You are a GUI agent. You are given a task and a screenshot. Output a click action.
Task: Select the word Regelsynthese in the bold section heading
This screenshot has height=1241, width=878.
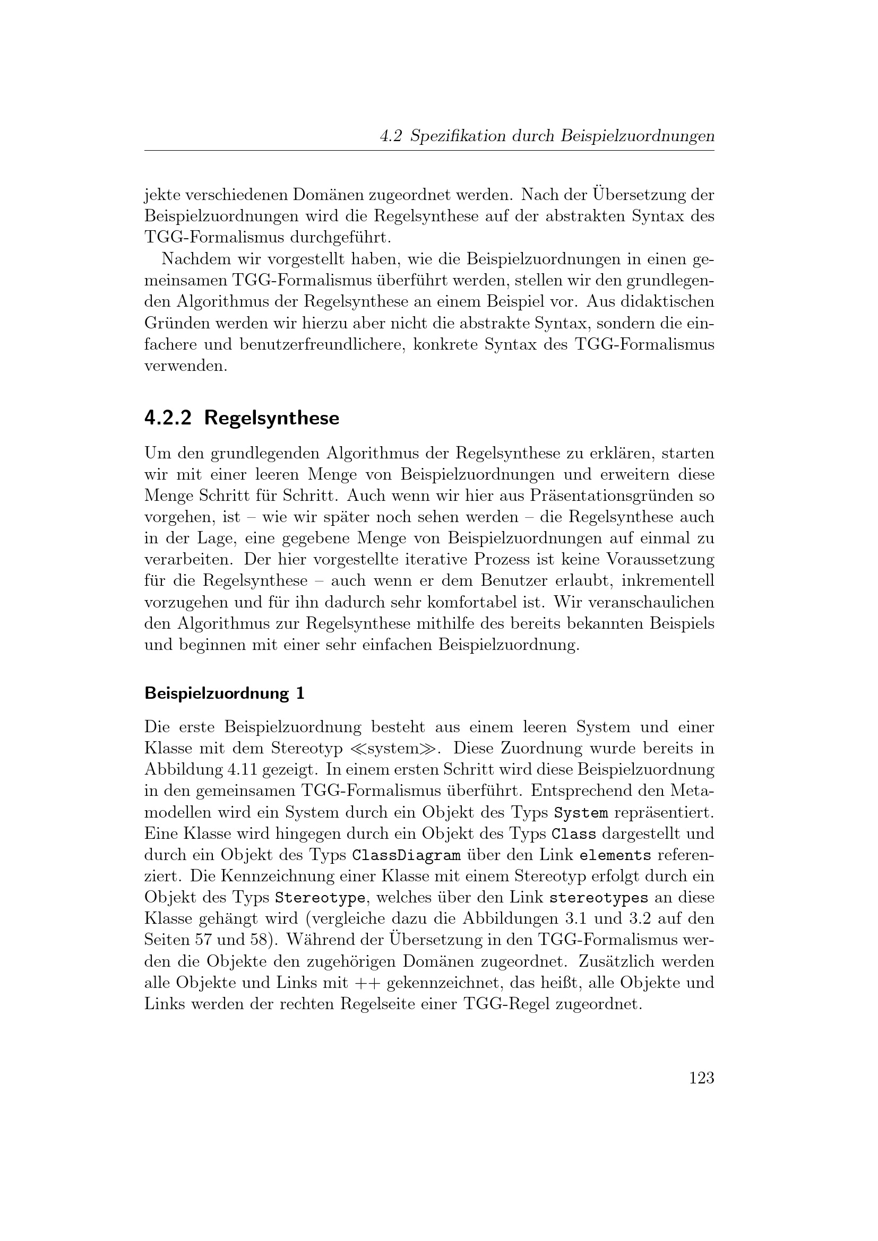pos(272,418)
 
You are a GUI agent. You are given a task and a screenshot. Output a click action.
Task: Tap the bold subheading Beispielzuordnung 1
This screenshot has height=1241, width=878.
pos(225,693)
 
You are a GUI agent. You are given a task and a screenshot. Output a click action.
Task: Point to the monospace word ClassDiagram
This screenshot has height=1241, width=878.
pos(406,855)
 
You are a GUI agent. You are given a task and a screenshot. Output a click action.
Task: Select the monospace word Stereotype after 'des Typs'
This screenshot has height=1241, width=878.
pos(320,898)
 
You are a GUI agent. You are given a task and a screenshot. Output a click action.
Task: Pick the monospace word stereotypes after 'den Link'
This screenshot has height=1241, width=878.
pos(598,898)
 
